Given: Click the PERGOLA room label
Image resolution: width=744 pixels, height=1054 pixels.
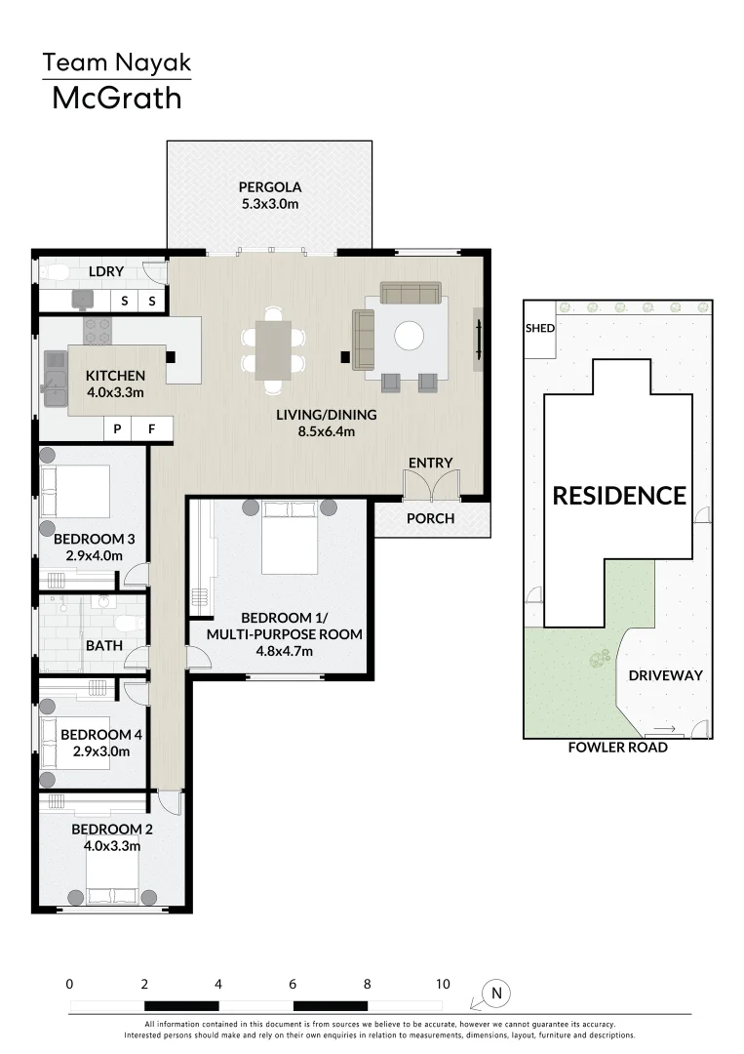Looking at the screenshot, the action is coord(270,186).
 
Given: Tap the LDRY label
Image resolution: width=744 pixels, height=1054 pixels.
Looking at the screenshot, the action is coord(106,271).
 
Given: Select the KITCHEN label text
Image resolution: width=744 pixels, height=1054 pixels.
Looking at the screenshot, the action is coord(115,376).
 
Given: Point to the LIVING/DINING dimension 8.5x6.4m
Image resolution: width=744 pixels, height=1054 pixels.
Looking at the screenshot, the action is coord(327,431).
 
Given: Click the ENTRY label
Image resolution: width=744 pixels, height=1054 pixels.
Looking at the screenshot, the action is coord(430,463).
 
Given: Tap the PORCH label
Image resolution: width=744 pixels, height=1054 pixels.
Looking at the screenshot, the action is coord(430,518).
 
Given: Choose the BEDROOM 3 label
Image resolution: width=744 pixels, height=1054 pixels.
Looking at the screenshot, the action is coord(94,539).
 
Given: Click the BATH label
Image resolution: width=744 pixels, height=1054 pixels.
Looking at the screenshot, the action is coord(104,645).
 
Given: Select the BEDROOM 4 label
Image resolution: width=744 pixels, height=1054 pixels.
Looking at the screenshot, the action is coord(101,735).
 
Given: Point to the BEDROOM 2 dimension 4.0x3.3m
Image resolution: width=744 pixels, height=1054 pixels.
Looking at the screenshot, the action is coord(112,846).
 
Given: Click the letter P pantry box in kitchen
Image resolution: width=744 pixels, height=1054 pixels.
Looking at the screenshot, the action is coord(118,428).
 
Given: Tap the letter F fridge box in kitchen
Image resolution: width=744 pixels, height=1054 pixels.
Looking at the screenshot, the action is coord(152,428).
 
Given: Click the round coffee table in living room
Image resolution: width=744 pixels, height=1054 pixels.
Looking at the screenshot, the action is coord(409,336).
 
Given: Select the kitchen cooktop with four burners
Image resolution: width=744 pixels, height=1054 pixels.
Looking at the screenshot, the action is coord(98,331).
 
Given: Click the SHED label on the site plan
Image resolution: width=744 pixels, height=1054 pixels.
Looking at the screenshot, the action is coord(540,328).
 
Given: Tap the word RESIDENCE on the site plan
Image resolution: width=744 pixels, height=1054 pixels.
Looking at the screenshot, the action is coord(619,496).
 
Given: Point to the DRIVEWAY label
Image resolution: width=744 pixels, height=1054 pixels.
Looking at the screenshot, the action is coord(665,675).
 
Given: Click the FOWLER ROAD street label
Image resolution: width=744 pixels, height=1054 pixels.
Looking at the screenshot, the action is coord(618,748).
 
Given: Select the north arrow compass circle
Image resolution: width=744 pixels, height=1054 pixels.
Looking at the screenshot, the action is coord(497,993).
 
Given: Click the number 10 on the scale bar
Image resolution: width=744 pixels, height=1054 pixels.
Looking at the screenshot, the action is coord(443,984).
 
